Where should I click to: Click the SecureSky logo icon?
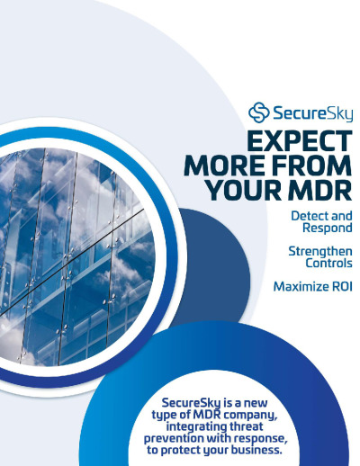pos(258,112)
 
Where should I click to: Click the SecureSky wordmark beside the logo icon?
pos(312,113)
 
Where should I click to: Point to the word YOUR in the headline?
pos(244,190)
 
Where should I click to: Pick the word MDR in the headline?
pos(320,190)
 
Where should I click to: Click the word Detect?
pos(308,216)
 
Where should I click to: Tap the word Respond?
pos(328,228)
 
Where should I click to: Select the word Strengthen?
pos(320,251)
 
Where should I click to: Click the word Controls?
pos(328,263)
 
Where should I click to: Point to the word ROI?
pos(342,287)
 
